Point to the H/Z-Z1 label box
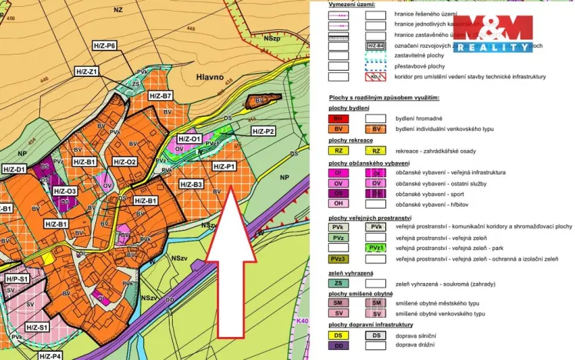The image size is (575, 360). pyautogui.click(x=88, y=72)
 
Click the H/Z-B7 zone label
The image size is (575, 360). pyautogui.click(x=161, y=95)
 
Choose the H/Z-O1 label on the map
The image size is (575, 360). pyautogui.click(x=189, y=139)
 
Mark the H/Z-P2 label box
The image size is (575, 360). pyautogui.click(x=262, y=132)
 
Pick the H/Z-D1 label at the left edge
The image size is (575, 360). pyautogui.click(x=13, y=168)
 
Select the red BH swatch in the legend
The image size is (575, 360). pyautogui.click(x=339, y=118)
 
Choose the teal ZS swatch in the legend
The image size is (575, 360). pyautogui.click(x=339, y=284)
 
